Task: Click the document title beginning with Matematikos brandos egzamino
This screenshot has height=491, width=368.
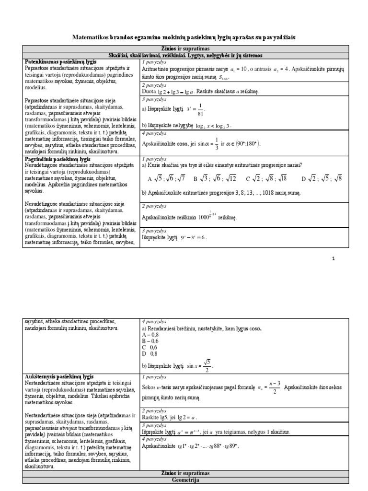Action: (184, 37)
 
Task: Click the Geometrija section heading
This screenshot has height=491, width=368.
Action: (184, 479)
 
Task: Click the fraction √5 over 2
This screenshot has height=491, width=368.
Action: (206, 366)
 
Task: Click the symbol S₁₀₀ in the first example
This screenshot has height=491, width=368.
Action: (223, 77)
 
